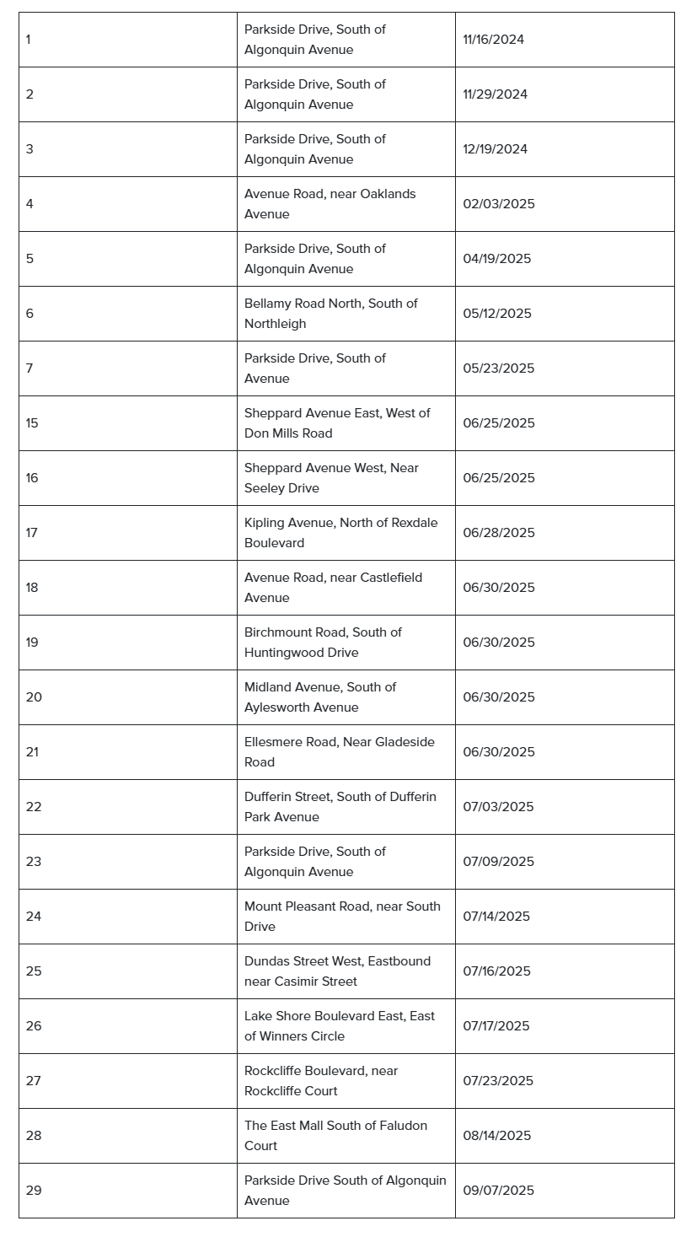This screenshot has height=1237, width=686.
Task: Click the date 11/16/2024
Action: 493,40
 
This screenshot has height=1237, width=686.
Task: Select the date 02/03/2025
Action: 498,204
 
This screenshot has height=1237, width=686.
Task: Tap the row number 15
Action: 32,423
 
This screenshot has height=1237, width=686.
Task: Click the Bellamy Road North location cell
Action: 330,314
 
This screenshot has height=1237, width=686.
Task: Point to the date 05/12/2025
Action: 496,314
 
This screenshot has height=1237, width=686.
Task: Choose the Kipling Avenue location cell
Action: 340,533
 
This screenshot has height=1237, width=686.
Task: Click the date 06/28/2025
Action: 498,533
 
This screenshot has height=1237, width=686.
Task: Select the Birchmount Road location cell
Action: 323,643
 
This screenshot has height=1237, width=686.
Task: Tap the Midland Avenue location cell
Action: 319,697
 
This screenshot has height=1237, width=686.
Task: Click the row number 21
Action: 32,752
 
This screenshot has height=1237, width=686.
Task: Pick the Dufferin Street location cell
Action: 340,807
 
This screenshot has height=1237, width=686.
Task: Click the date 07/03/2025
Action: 498,807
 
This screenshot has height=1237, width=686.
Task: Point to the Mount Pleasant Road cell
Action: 342,917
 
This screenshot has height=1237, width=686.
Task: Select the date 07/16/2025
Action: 496,971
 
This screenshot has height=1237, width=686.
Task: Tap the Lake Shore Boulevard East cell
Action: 339,1026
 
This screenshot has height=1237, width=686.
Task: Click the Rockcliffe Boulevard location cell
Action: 320,1081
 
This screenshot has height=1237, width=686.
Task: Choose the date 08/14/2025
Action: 496,1136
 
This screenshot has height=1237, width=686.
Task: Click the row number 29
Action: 33,1191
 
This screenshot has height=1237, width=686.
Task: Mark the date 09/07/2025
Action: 498,1191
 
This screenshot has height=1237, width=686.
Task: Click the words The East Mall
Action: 279,1126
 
